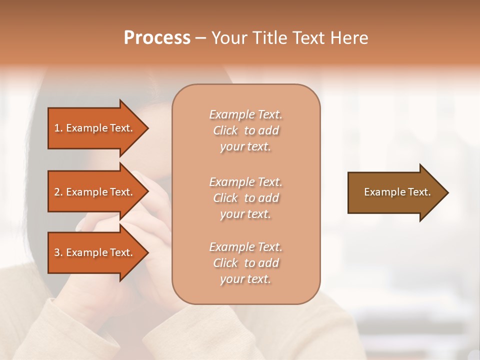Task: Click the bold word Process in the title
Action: coord(157,38)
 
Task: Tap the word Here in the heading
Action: coord(349,38)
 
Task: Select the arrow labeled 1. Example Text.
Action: coord(95,128)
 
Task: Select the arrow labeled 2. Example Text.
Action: coord(95,192)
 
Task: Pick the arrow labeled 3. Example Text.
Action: coord(95,252)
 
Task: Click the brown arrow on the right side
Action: coord(395,192)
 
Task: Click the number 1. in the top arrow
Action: coord(58,128)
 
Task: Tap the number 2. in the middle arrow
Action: coord(58,192)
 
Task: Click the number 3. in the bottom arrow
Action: coord(58,252)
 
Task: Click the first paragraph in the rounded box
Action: coord(245,130)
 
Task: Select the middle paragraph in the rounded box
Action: coord(245,198)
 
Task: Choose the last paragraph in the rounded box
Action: coord(245,263)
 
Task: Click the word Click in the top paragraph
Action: coord(225,130)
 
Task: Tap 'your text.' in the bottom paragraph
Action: coord(245,279)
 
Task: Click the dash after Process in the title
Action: coord(201,38)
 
